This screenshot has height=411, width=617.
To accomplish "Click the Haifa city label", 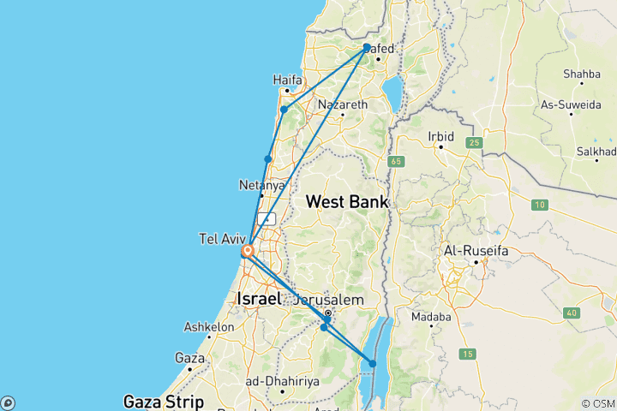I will pyautogui.click(x=288, y=80).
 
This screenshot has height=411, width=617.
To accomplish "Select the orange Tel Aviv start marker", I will pyautogui.click(x=247, y=252).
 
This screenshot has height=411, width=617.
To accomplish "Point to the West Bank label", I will pyautogui.click(x=347, y=202).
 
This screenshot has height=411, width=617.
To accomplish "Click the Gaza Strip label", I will pyautogui.click(x=163, y=400).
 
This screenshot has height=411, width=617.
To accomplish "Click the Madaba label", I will pyautogui.click(x=431, y=317).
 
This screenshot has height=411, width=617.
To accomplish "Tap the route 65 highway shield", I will pyautogui.click(x=395, y=160).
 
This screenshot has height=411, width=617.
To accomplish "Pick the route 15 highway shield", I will pyautogui.click(x=468, y=354).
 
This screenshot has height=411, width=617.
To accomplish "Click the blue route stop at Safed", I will pyautogui.click(x=367, y=48).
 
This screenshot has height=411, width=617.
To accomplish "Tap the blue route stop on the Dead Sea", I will pyautogui.click(x=373, y=364).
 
